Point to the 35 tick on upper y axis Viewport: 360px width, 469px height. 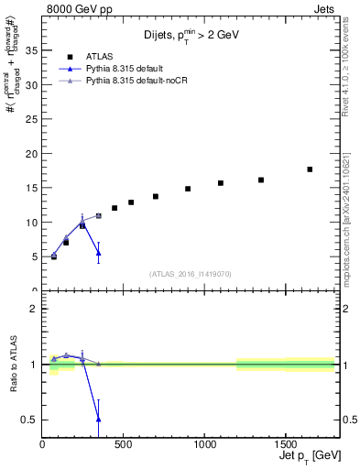point(32,50)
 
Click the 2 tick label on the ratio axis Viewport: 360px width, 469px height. point(35,309)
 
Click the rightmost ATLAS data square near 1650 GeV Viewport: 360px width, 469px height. point(310,169)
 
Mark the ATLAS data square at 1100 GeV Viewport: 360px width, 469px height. point(221,183)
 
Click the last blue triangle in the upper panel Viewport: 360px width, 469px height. point(98,253)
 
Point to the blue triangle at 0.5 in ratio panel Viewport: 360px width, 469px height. point(98,419)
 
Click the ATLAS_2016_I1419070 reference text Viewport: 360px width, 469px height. point(191,273)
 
